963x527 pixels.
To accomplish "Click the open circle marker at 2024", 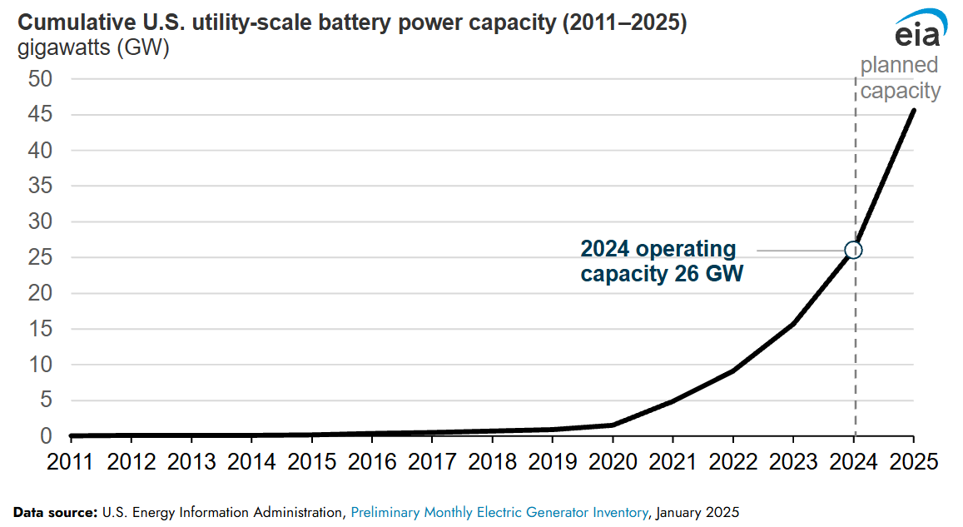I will pos(853,250).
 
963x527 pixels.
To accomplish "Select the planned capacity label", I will pos(900,78).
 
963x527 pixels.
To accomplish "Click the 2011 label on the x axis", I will pos(72,462).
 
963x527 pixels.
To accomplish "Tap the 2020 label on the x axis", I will pos(613,462).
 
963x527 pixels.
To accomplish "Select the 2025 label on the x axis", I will pos(913,462).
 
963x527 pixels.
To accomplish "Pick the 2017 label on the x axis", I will pos(432,462).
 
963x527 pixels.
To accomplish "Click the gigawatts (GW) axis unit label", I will pos(93,49).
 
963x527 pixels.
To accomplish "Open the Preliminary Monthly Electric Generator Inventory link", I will pos(499,510).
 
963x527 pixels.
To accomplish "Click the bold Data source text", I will pos(55,510).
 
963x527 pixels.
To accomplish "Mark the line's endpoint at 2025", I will pos(914,110).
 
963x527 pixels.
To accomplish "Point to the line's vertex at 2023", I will pos(793,324).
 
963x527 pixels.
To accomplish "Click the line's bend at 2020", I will pos(613,425).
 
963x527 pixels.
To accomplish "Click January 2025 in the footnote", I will pos(697,510).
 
